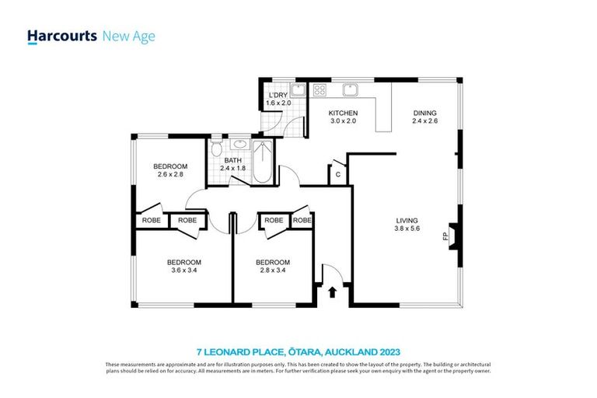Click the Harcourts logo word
click(62, 36)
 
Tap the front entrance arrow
click(333, 293)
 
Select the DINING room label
click(424, 112)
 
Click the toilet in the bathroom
click(217, 149)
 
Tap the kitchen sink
click(351, 89)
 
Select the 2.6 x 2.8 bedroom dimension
click(169, 175)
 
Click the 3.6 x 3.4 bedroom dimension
click(184, 271)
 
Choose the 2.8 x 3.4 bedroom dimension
click(273, 271)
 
